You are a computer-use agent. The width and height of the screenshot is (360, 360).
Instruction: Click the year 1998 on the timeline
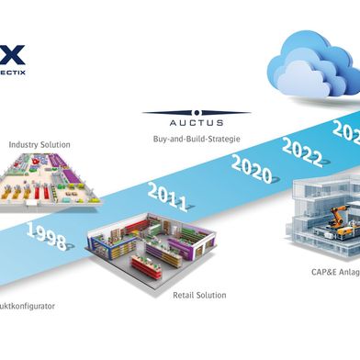point(47,236)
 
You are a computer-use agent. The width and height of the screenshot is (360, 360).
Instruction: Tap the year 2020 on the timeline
point(251,166)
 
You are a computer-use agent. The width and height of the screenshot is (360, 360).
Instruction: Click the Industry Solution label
point(39,144)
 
